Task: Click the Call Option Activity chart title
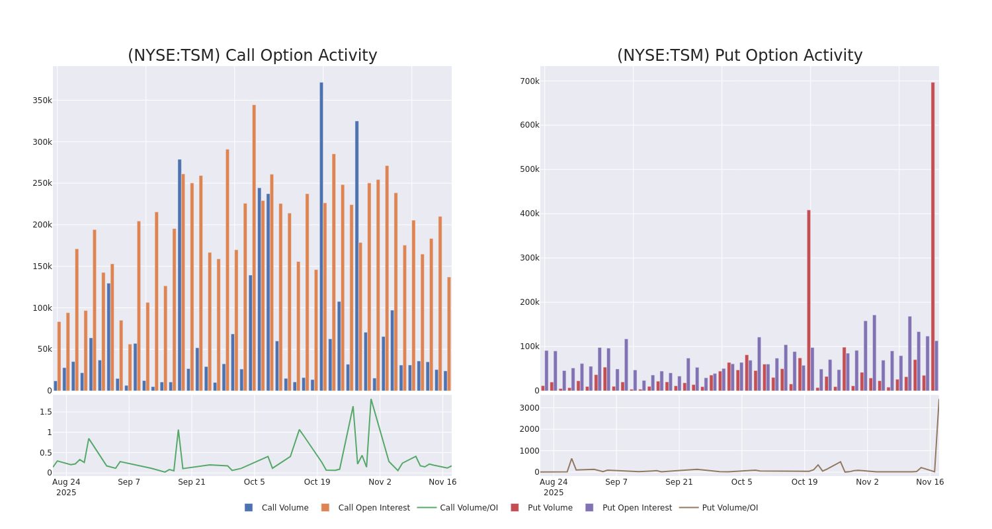(x=252, y=56)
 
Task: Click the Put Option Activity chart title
(x=739, y=56)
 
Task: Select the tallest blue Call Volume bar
(x=321, y=236)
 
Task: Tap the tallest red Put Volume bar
(x=932, y=236)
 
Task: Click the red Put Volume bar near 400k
(x=808, y=300)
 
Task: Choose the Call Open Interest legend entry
(x=374, y=508)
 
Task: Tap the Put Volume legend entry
(x=550, y=508)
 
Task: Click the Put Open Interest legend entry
(x=636, y=508)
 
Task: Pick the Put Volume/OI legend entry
(x=729, y=508)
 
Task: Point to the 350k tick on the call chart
(x=42, y=101)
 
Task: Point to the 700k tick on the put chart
(x=529, y=81)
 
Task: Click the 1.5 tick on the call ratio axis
(x=45, y=412)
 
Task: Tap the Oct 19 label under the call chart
(x=317, y=482)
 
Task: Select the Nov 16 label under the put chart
(x=930, y=482)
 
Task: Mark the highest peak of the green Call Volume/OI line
(x=370, y=399)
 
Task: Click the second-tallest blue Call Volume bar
(x=356, y=255)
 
